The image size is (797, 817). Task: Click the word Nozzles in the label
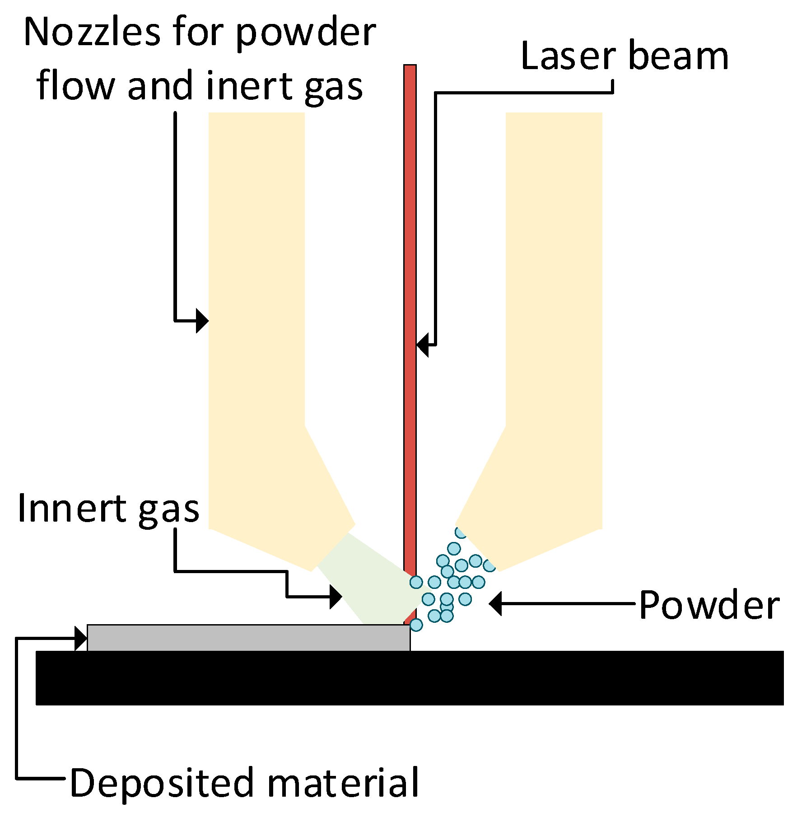tap(92, 33)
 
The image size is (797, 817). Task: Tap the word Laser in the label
tap(567, 56)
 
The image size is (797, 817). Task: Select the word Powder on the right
tap(709, 605)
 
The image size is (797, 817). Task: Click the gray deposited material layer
tap(248, 637)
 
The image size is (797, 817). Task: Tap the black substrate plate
tap(406, 677)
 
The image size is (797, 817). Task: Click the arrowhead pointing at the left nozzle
tap(202, 321)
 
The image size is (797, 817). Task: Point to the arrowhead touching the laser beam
tap(422, 345)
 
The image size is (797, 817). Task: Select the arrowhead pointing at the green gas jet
tap(336, 597)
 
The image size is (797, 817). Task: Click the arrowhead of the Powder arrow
tap(495, 603)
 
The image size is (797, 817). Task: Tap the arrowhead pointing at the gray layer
tap(81, 638)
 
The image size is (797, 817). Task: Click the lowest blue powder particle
tap(416, 625)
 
